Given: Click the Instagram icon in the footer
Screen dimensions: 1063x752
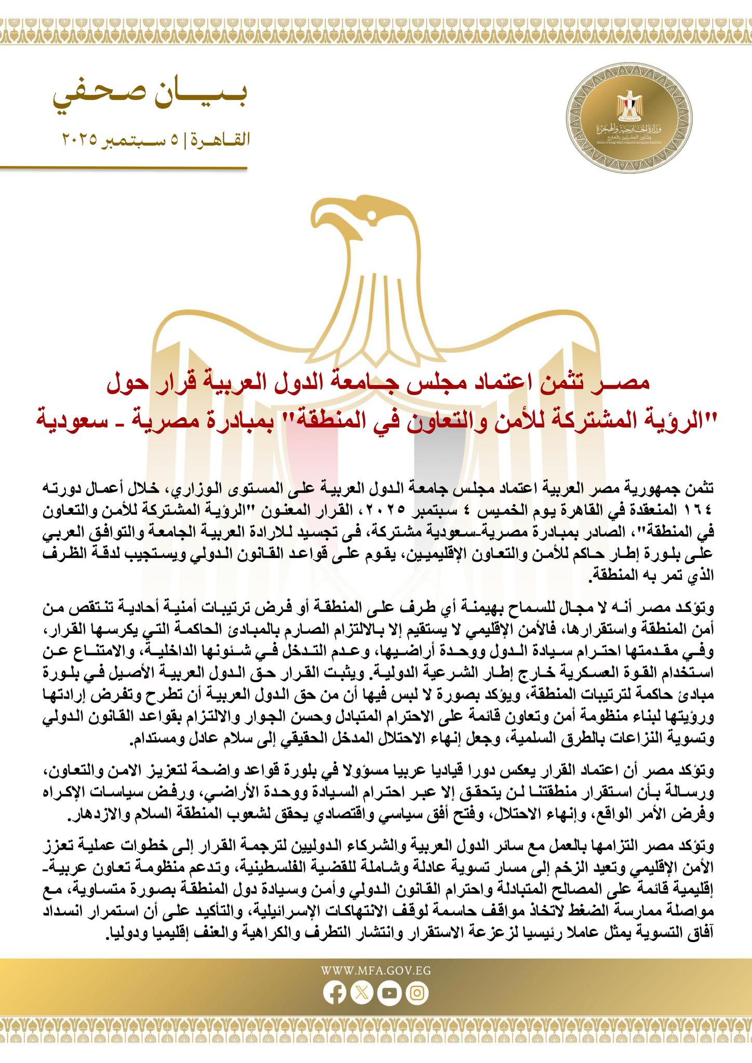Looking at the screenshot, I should [417, 993].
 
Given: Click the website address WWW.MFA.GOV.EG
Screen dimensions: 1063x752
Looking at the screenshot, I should [376, 970].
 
